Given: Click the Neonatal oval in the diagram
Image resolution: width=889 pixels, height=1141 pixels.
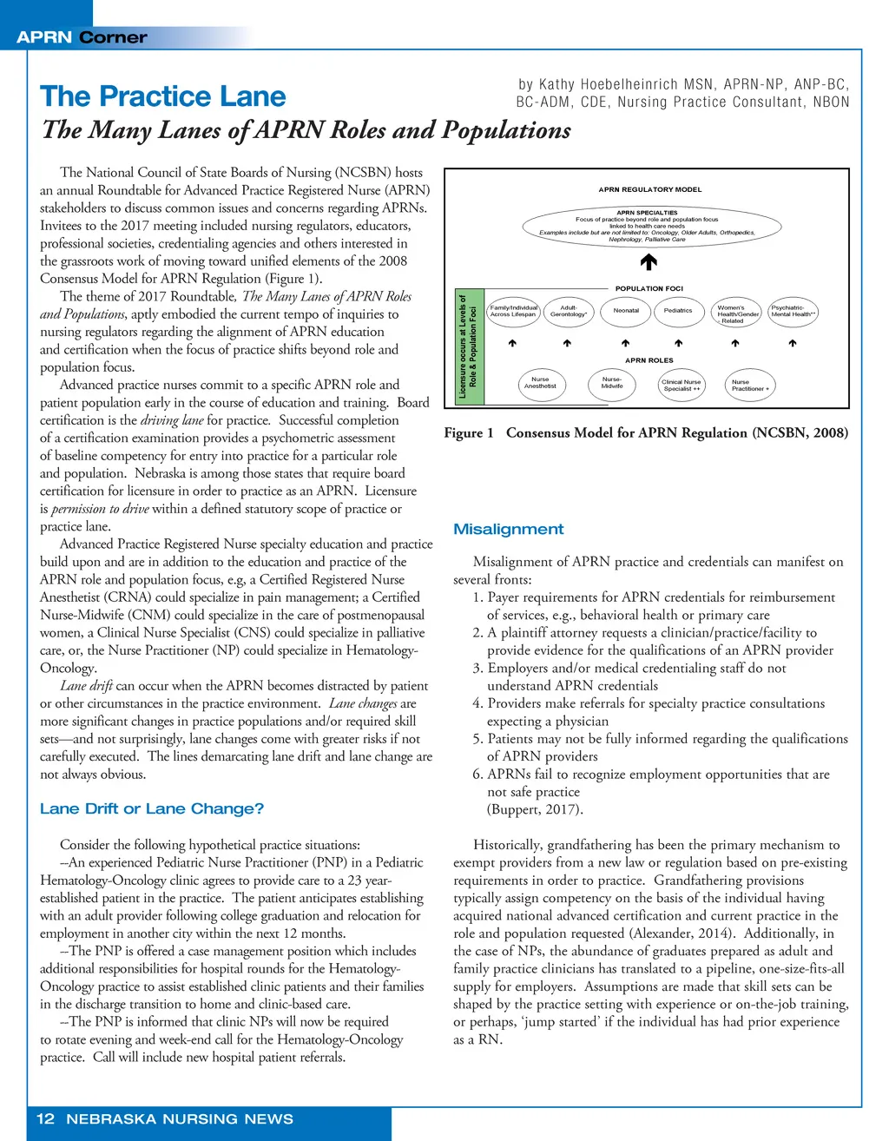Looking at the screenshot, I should pos(626,311).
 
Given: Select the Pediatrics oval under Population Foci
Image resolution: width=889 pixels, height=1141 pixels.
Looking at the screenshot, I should pos(678,311).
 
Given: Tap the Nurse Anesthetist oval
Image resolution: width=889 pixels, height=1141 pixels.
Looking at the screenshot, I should pos(540,383).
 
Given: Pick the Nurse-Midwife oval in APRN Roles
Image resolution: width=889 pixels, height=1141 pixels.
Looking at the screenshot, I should pos(612,383).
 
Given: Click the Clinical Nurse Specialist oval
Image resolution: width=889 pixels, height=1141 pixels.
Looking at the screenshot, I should pos(682,385).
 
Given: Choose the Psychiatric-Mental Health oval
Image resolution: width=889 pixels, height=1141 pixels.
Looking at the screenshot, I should pos(794,311).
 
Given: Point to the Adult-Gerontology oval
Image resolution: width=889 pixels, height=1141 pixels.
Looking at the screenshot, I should pos(569,311).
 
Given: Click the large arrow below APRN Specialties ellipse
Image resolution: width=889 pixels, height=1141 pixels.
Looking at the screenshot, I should pos(649,261).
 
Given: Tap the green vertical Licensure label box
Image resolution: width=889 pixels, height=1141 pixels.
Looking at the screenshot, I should pos(470,347).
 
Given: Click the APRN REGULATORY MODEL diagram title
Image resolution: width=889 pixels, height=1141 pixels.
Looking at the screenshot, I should pos(650,189).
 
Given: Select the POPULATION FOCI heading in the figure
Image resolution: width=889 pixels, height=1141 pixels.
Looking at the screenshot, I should pos(649,288).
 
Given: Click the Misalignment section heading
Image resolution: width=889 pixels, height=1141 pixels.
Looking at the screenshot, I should pos(509,530).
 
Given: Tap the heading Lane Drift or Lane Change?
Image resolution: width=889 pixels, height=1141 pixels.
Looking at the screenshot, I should pos(152,809).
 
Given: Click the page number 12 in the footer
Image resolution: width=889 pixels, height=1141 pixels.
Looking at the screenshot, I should pos(45,1119).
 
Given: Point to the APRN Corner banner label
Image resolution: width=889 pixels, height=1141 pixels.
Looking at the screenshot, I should pos(82,37).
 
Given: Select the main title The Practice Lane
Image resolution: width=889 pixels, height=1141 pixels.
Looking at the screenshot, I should pos(163,96).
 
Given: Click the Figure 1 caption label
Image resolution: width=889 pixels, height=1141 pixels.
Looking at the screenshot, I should pos(469,433).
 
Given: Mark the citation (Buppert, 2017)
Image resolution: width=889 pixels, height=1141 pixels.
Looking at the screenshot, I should pos(535,809).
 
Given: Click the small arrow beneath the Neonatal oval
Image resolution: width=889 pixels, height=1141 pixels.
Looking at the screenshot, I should pos(626,344).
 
